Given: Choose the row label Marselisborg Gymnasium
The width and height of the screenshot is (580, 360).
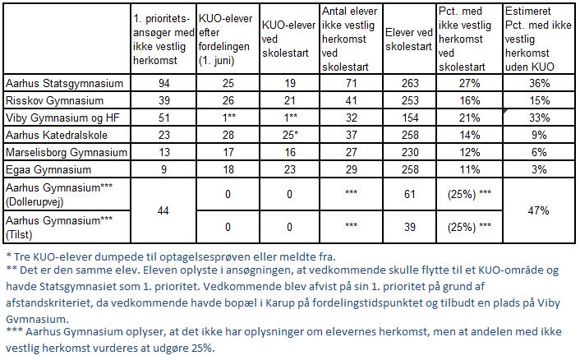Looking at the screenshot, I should pos(66,152).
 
